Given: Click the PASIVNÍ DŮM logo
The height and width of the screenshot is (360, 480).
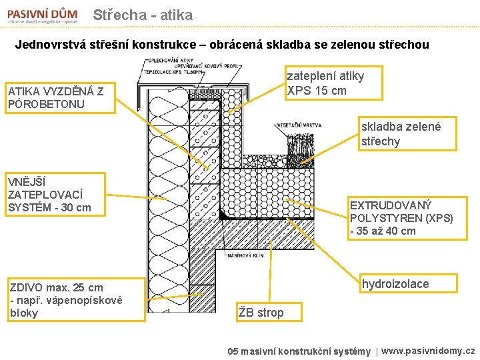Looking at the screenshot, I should click(x=42, y=15).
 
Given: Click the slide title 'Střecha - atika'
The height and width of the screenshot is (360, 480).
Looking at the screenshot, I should click(x=143, y=15).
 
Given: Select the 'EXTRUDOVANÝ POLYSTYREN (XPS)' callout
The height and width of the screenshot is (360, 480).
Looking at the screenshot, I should click(x=401, y=217).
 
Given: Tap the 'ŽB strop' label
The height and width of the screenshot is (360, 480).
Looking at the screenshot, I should click(x=261, y=312).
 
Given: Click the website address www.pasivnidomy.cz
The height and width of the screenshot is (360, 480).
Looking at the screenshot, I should click(x=428, y=351).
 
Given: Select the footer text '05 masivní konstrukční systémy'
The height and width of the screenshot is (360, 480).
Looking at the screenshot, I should click(x=299, y=351).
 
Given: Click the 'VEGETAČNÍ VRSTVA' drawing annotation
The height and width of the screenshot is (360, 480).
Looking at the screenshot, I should click(x=298, y=125).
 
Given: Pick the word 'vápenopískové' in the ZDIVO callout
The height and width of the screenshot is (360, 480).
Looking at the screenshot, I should click(x=89, y=300).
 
